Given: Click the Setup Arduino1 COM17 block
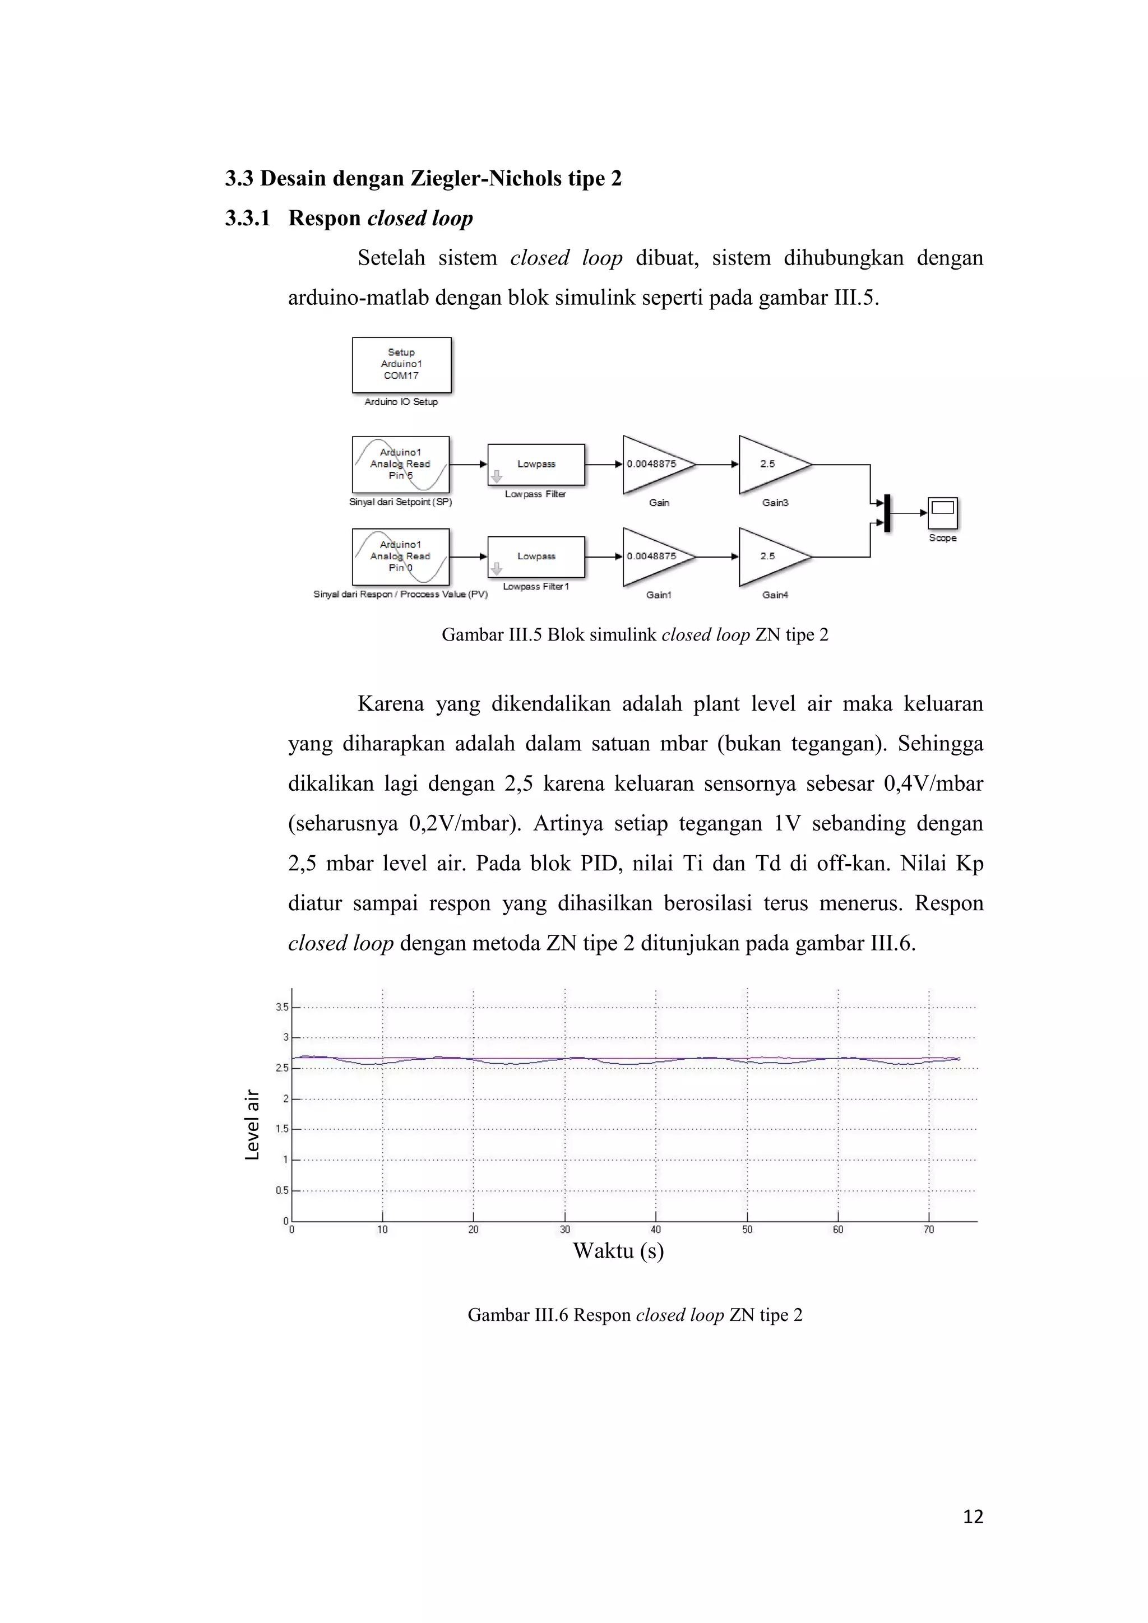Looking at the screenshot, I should [x=401, y=365].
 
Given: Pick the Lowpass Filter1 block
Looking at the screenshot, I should [x=536, y=557].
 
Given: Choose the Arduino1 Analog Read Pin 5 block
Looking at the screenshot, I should [x=401, y=465].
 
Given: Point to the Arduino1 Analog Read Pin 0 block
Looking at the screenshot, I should [x=401, y=557].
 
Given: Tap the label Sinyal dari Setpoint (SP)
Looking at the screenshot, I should [x=400, y=503].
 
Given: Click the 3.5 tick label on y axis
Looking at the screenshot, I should [x=282, y=1007].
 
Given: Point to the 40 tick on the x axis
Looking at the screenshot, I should [x=656, y=1230].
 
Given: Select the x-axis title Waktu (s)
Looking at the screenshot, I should [x=618, y=1251].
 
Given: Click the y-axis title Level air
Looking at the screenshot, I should [x=252, y=1125].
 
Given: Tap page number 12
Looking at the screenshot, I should [x=973, y=1517].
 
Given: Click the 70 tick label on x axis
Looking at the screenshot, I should [x=929, y=1230].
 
